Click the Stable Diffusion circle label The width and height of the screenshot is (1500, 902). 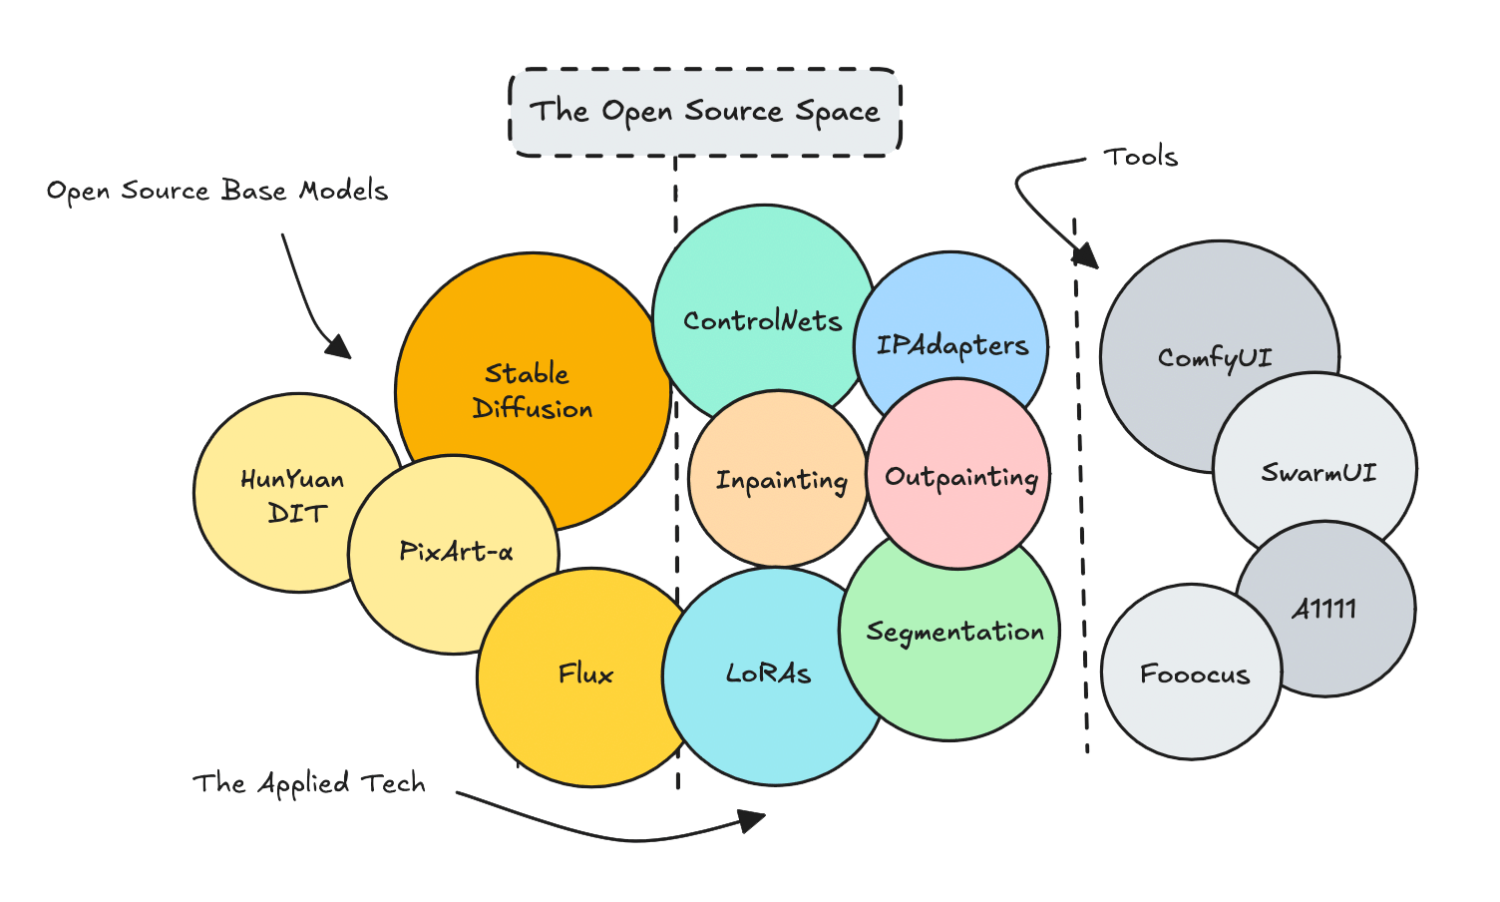pyautogui.click(x=532, y=391)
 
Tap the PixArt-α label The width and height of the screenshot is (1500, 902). pyautogui.click(x=456, y=552)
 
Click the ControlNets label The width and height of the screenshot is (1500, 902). pyautogui.click(x=762, y=321)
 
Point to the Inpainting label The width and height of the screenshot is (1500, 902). pyautogui.click(x=781, y=481)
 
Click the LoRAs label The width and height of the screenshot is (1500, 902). pyautogui.click(x=768, y=675)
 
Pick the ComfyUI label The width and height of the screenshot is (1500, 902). pyautogui.click(x=1215, y=358)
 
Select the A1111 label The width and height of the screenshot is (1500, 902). pyautogui.click(x=1324, y=609)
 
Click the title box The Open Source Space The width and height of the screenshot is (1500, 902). pyautogui.click(x=705, y=112)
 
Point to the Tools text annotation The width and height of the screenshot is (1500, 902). pyautogui.click(x=1141, y=157)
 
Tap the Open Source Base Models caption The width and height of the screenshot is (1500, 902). pyautogui.click(x=217, y=191)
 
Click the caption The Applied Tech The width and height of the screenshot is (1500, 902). pyautogui.click(x=309, y=784)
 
